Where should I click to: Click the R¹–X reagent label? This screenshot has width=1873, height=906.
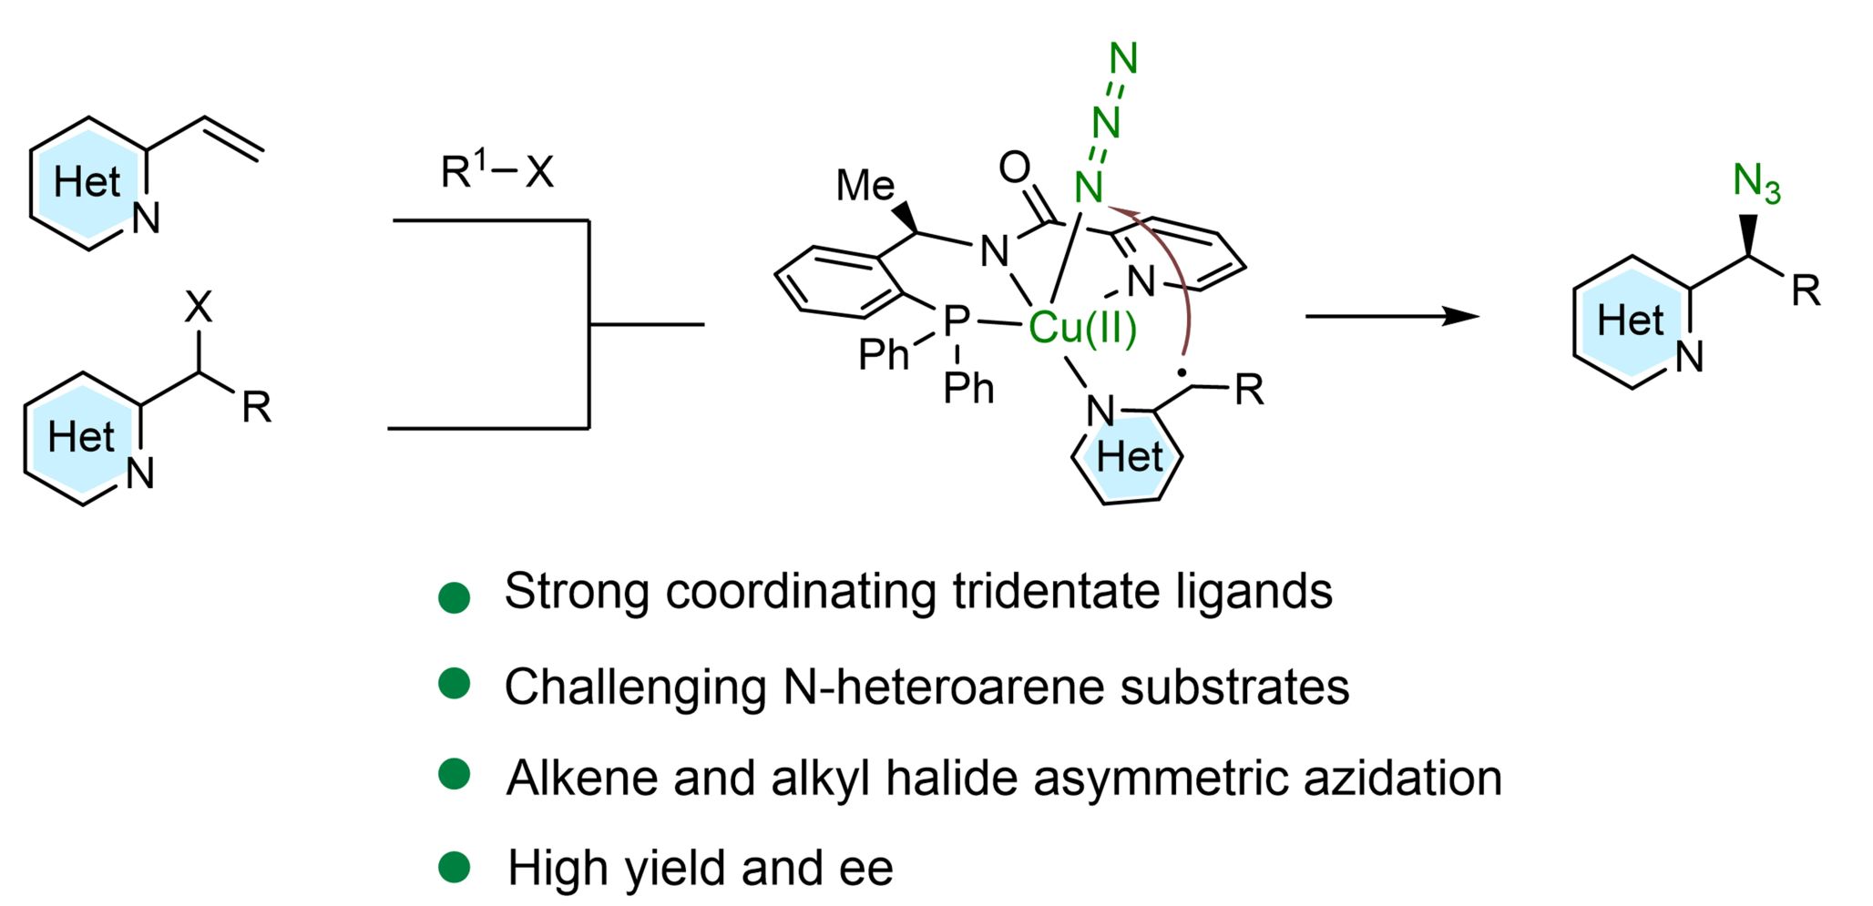496,169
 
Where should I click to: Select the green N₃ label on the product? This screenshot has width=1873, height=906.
1756,183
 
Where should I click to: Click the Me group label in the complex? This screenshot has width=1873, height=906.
865,186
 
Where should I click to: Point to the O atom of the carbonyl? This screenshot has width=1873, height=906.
1014,168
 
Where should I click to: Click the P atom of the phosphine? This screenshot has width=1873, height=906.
956,321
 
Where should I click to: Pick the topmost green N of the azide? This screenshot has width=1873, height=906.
1124,59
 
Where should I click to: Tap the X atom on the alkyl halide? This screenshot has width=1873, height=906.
199,308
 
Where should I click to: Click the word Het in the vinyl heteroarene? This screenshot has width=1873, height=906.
87,182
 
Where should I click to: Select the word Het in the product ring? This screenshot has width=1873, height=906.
1630,321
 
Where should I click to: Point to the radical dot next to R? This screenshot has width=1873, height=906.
1182,372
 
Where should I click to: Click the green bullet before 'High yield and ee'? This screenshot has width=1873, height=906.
454,867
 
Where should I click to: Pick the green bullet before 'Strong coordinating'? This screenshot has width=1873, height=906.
454,597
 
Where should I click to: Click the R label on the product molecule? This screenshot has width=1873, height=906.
1806,291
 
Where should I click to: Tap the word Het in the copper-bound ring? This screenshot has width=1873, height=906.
1130,457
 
